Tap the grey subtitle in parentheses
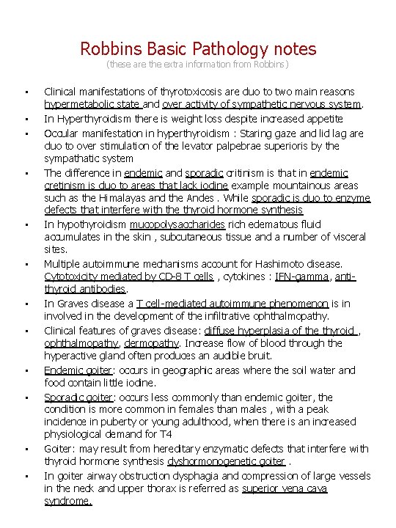click(x=198, y=65)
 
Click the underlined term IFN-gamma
click(x=292, y=276)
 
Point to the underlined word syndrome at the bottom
click(x=68, y=501)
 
